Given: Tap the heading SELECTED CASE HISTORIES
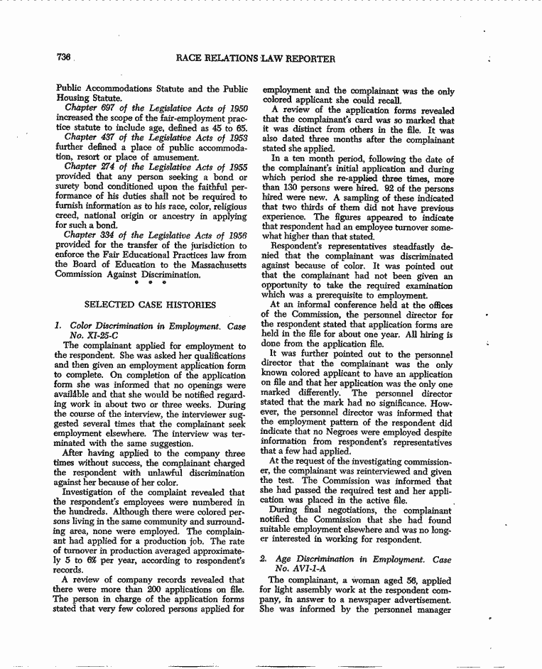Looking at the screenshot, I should click(x=150, y=305).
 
